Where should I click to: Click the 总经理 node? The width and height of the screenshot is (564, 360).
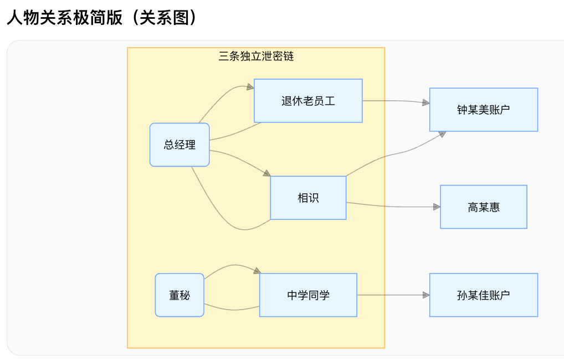[x=180, y=145]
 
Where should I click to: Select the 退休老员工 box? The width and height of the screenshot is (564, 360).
[x=308, y=101]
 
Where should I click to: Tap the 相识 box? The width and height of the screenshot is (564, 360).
[x=308, y=198]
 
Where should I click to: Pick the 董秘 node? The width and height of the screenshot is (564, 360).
[x=180, y=295]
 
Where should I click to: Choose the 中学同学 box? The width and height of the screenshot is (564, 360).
[x=308, y=295]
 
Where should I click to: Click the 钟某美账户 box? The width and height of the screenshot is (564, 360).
[x=483, y=110]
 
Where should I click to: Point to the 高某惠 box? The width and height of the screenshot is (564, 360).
[x=483, y=207]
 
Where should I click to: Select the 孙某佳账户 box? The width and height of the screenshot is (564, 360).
[x=483, y=295]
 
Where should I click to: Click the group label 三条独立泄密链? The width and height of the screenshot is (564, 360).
[x=256, y=56]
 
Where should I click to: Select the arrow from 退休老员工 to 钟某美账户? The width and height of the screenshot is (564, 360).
[x=396, y=101]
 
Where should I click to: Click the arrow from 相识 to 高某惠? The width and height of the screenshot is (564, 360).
[x=393, y=206]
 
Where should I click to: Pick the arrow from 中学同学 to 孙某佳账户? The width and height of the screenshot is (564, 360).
[x=393, y=295]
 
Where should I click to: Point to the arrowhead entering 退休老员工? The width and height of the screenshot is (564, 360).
[x=250, y=88]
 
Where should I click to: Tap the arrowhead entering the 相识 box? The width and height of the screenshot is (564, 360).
[x=266, y=173]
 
